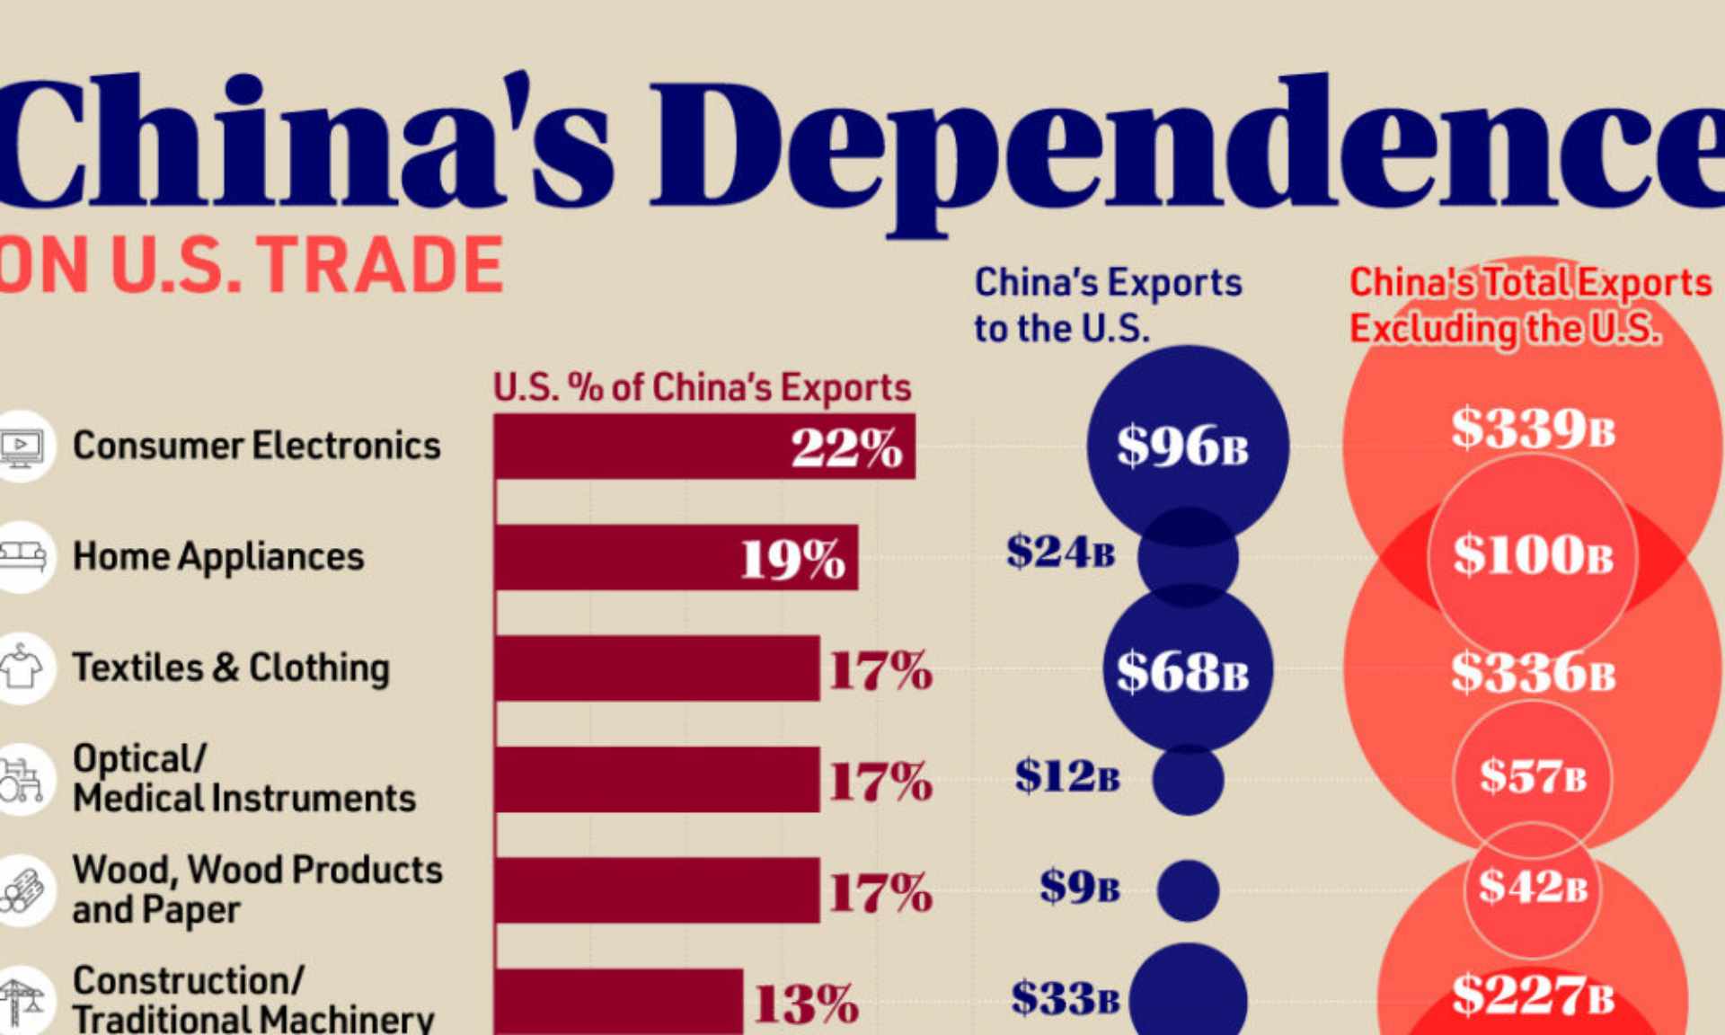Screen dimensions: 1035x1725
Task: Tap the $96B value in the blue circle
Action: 1182,446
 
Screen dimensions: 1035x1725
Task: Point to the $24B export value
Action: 1060,552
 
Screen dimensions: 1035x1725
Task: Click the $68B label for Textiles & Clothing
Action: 1182,671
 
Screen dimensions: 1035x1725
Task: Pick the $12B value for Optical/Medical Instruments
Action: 1067,776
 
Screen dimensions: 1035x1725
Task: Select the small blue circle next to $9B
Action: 1188,889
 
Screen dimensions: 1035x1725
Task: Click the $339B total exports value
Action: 1533,429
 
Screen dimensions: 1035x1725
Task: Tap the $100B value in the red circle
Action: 1533,555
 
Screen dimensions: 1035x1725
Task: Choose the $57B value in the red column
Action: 1533,775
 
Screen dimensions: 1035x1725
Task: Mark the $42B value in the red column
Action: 1533,887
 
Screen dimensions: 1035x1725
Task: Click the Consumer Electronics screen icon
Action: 22,447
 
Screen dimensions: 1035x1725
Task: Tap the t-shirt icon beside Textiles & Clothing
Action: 22,668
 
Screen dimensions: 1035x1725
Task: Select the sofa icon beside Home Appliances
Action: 22,556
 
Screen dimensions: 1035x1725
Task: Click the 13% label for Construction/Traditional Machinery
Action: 806,1004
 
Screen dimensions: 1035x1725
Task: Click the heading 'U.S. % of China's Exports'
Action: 702,388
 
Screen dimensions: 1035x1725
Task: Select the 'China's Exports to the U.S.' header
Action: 1108,305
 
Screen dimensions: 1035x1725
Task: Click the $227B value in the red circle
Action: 1533,995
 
